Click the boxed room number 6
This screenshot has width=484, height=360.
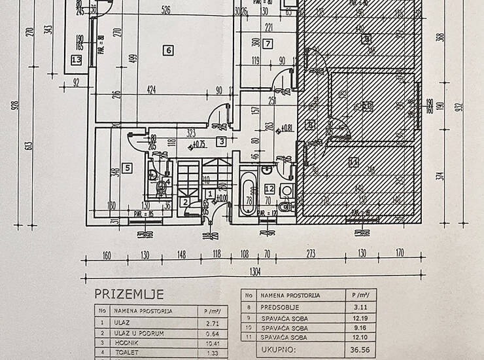[168, 50]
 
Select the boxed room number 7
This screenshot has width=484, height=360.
[268, 45]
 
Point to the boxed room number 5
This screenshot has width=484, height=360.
[128, 168]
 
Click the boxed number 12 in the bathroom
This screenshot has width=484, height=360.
[269, 189]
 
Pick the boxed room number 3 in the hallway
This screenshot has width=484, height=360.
[222, 141]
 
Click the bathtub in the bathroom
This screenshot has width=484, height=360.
[248, 193]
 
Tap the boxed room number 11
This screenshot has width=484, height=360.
[354, 162]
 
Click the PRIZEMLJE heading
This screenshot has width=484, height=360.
[128, 294]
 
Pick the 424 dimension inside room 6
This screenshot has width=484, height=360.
[151, 90]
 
